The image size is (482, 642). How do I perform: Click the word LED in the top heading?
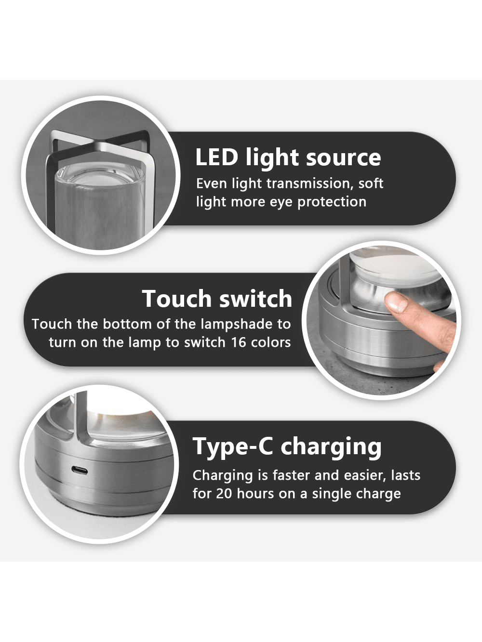216,157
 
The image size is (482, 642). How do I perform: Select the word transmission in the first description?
308,183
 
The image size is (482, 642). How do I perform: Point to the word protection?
332,202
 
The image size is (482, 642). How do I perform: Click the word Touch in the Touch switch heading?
177,299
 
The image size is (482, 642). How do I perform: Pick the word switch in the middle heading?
255,299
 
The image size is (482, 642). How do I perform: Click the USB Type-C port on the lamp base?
80,471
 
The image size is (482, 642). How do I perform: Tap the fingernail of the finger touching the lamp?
396,302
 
